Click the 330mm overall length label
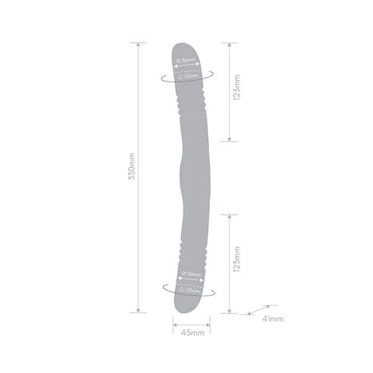click(131, 178)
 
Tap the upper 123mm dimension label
click(237, 92)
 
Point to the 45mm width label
click(187, 333)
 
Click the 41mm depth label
click(273, 319)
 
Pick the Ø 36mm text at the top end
click(187, 60)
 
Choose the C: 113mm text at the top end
click(187, 76)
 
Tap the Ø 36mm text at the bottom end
click(187, 274)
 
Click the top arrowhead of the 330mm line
click(140, 45)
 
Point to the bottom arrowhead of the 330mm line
click(140, 311)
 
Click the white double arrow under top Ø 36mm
click(187, 68)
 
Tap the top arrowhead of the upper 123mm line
click(229, 45)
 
